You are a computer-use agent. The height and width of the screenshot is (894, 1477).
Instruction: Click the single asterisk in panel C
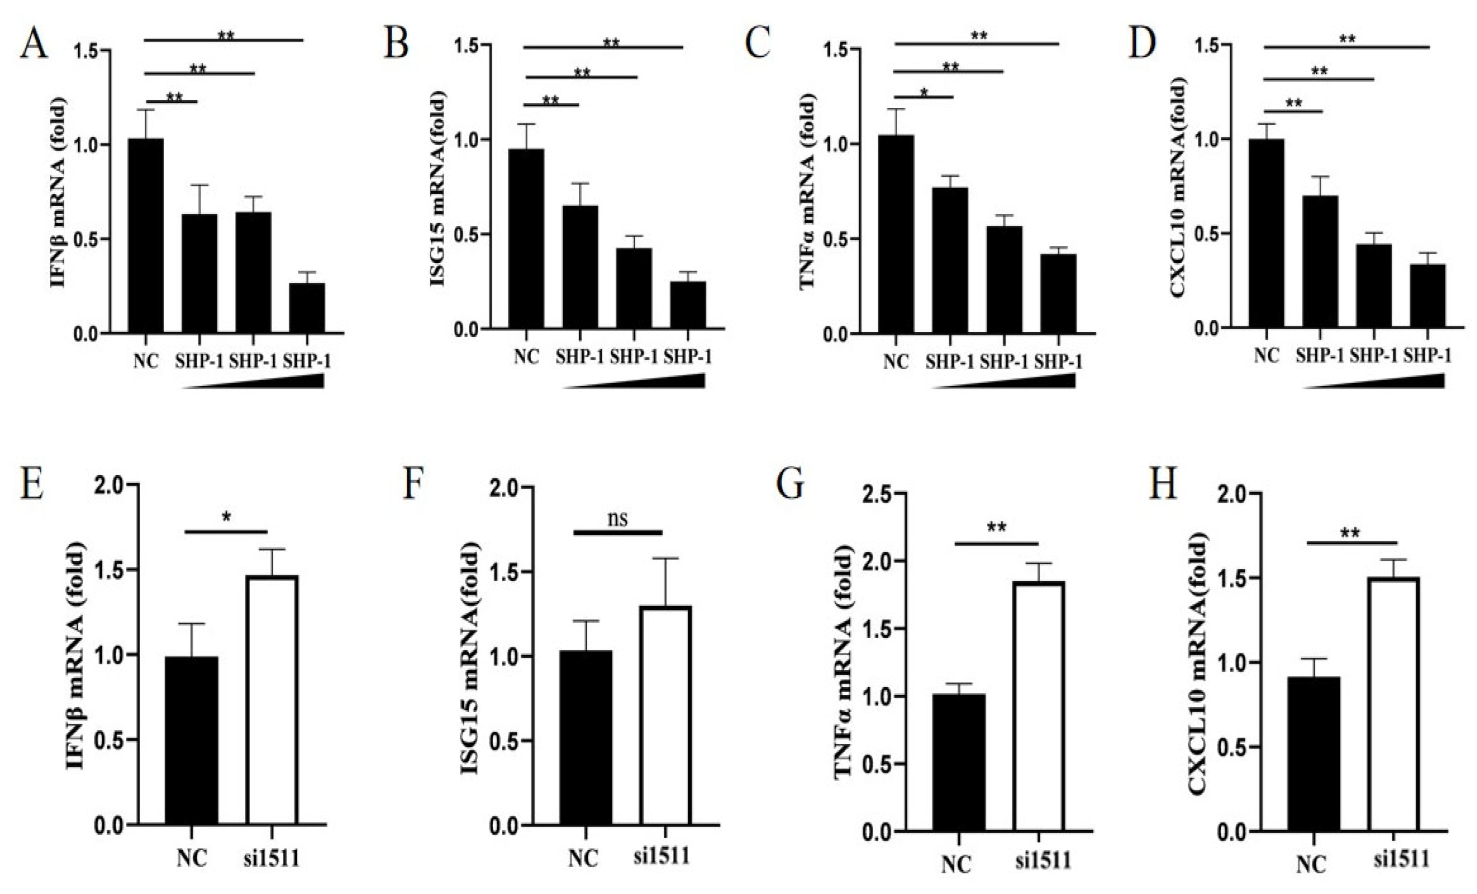[925, 92]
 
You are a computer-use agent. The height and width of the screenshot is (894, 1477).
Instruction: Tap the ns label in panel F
[618, 517]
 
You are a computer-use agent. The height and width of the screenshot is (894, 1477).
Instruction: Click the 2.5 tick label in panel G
[878, 494]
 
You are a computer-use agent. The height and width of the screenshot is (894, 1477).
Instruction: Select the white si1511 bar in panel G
[1038, 706]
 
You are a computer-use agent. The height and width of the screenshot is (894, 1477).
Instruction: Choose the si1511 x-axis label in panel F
[662, 855]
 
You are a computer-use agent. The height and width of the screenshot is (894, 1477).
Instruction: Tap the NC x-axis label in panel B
[526, 357]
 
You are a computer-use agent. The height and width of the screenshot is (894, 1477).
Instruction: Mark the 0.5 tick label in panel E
[110, 741]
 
